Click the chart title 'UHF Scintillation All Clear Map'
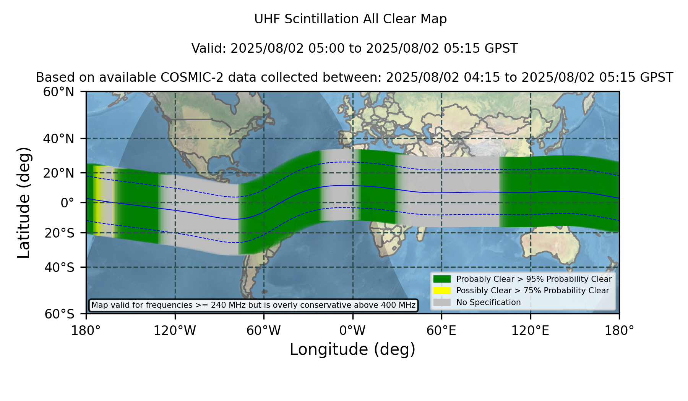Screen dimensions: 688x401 pyautogui.click(x=350, y=19)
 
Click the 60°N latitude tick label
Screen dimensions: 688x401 pyautogui.click(x=59, y=92)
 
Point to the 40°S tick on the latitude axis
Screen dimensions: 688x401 pyautogui.click(x=59, y=267)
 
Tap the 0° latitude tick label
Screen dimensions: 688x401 pyautogui.click(x=67, y=203)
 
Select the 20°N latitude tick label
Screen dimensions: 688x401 pyautogui.click(x=59, y=173)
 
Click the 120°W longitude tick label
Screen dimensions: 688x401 pyautogui.click(x=175, y=331)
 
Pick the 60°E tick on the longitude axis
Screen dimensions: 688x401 pyautogui.click(x=441, y=331)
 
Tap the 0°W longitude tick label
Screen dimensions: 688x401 pyautogui.click(x=352, y=331)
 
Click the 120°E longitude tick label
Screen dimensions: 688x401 pyautogui.click(x=530, y=331)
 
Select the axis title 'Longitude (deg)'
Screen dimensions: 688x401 pyautogui.click(x=352, y=349)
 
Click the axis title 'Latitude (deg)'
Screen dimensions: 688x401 pyautogui.click(x=24, y=203)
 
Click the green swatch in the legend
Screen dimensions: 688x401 pyautogui.click(x=442, y=279)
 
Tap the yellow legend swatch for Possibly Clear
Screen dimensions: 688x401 pyautogui.click(x=442, y=291)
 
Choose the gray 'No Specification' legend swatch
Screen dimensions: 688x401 pyautogui.click(x=442, y=302)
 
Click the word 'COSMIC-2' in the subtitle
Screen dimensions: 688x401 pyautogui.click(x=186, y=78)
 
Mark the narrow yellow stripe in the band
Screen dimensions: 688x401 pyautogui.click(x=98, y=200)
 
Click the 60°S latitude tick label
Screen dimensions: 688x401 pyautogui.click(x=59, y=314)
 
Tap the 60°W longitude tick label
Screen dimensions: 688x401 pyautogui.click(x=263, y=331)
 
